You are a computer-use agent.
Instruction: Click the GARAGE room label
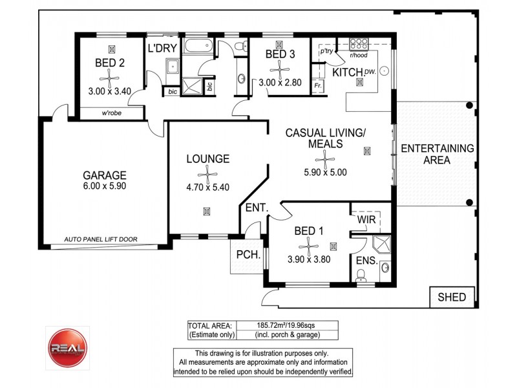click(x=104, y=175)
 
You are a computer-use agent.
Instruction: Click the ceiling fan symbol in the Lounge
click(x=207, y=174)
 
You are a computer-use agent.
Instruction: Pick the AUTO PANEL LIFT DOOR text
click(x=100, y=239)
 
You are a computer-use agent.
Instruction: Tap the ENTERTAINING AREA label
click(x=437, y=154)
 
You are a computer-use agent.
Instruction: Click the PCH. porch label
click(x=248, y=255)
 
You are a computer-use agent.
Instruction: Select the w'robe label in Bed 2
click(x=113, y=114)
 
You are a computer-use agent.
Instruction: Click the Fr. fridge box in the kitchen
click(x=318, y=85)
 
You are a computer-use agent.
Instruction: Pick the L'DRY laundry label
click(x=162, y=48)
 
